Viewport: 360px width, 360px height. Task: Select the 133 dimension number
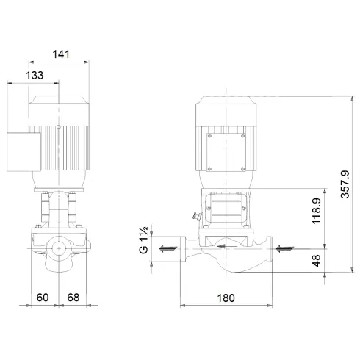34,75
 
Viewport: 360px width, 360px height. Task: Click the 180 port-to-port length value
227,298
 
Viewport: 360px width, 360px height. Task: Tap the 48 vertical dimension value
317,260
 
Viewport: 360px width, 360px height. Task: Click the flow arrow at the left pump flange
168,248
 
